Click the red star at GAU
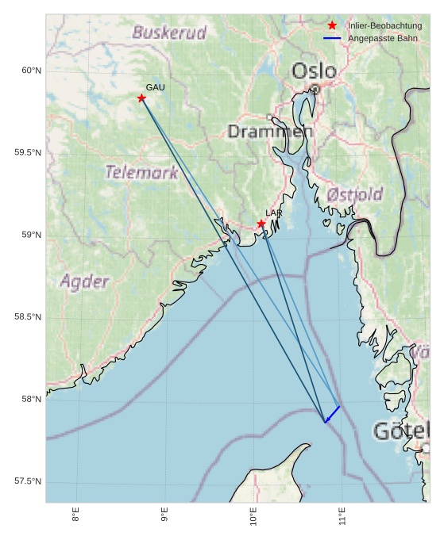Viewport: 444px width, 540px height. pyautogui.click(x=141, y=98)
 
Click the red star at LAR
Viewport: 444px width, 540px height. pyautogui.click(x=261, y=224)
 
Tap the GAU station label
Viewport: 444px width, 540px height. pyautogui.click(x=155, y=87)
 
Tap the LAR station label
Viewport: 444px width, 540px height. pyautogui.click(x=274, y=213)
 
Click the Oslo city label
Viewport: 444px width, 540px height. pyautogui.click(x=314, y=71)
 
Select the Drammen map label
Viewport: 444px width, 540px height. pyautogui.click(x=267, y=131)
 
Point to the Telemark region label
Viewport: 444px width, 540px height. pyautogui.click(x=141, y=172)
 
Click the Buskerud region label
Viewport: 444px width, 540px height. pyautogui.click(x=169, y=33)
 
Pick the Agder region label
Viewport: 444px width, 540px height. pyautogui.click(x=84, y=281)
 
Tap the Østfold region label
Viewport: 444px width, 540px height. pyautogui.click(x=354, y=194)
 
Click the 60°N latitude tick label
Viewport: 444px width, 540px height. pyautogui.click(x=31, y=71)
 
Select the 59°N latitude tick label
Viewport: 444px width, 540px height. pyautogui.click(x=31, y=236)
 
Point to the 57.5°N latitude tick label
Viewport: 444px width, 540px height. pyautogui.click(x=28, y=482)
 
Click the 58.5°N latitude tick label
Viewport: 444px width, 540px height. pyautogui.click(x=28, y=317)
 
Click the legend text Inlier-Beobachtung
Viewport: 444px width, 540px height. pyautogui.click(x=384, y=25)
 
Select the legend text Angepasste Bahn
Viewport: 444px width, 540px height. pyautogui.click(x=382, y=38)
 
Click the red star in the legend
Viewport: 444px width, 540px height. pyautogui.click(x=332, y=25)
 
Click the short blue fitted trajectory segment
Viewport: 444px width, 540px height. pyautogui.click(x=332, y=415)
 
